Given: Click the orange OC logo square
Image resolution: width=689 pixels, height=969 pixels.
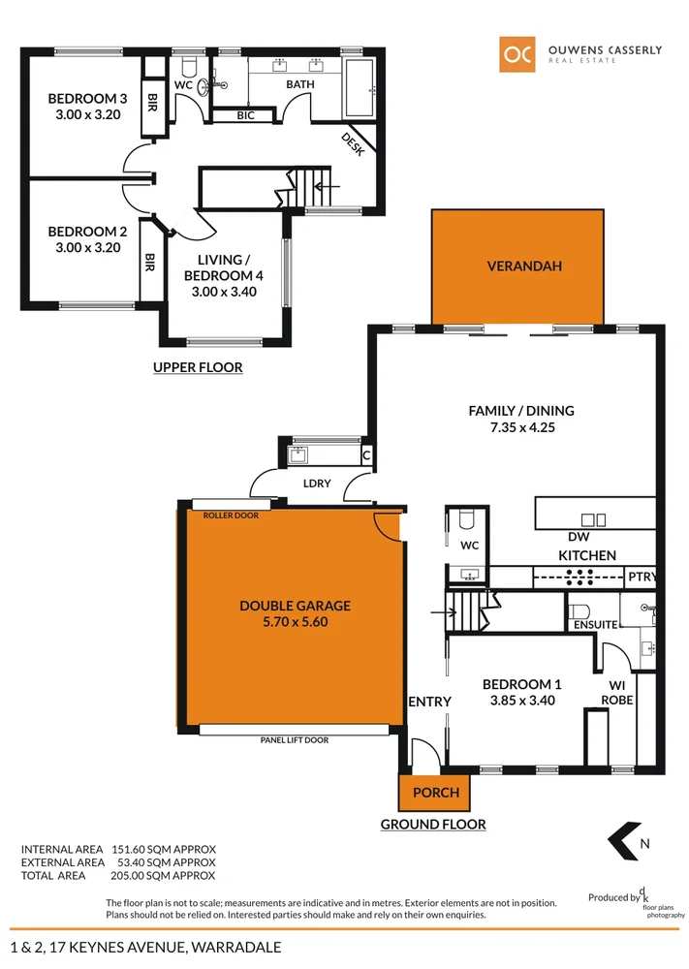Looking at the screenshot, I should click(517, 54).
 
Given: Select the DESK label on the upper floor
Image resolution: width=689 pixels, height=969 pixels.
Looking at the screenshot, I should click(352, 143).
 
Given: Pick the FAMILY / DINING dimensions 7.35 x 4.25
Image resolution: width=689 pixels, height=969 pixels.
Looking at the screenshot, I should click(521, 426).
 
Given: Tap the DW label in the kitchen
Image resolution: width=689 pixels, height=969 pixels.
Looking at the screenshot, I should click(579, 537).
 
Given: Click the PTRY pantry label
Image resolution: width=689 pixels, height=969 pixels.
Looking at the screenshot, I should click(642, 578).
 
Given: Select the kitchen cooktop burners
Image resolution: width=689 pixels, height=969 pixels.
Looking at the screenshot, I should click(579, 578).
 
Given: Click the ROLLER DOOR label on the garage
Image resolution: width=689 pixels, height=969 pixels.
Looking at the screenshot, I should click(231, 516).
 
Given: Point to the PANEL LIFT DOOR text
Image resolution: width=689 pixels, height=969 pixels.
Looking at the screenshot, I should click(295, 740).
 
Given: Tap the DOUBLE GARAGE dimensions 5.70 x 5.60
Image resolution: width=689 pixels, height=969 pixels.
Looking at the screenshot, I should click(295, 623).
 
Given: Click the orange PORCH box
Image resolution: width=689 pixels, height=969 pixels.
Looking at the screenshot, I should click(435, 792).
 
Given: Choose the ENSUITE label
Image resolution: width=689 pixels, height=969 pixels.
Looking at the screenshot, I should click(595, 625).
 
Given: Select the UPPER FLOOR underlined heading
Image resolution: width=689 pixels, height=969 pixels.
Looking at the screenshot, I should click(198, 368).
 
